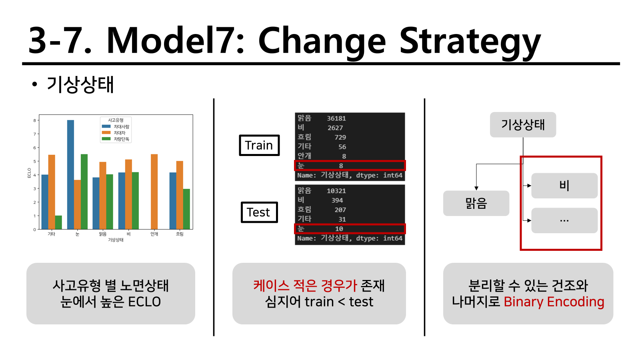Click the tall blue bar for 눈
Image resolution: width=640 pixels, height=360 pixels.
click(70, 174)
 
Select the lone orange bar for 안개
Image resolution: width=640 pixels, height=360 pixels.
click(154, 192)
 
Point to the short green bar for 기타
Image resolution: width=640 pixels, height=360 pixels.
click(58, 222)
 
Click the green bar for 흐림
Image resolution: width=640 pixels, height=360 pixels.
click(186, 209)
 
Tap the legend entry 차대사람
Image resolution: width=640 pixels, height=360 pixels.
click(116, 126)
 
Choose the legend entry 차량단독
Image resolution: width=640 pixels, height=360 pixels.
click(116, 139)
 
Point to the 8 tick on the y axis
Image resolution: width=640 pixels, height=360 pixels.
click(34, 120)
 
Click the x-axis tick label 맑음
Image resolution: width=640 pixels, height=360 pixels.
click(102, 234)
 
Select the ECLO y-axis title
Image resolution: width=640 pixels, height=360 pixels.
click(29, 173)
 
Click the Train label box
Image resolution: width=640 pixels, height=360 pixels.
click(259, 146)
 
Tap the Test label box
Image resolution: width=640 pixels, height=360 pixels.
click(259, 212)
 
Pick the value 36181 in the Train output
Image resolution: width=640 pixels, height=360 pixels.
click(336, 118)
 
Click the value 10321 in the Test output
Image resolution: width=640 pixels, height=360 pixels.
click(336, 191)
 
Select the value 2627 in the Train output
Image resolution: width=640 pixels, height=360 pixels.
click(335, 128)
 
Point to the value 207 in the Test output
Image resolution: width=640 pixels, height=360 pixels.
click(340, 210)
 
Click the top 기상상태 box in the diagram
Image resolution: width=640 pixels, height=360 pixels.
click(523, 124)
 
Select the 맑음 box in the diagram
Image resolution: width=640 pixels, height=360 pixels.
click(476, 203)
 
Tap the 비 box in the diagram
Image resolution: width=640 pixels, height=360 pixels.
click(564, 186)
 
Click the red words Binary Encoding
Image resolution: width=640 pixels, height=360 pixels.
click(554, 302)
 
